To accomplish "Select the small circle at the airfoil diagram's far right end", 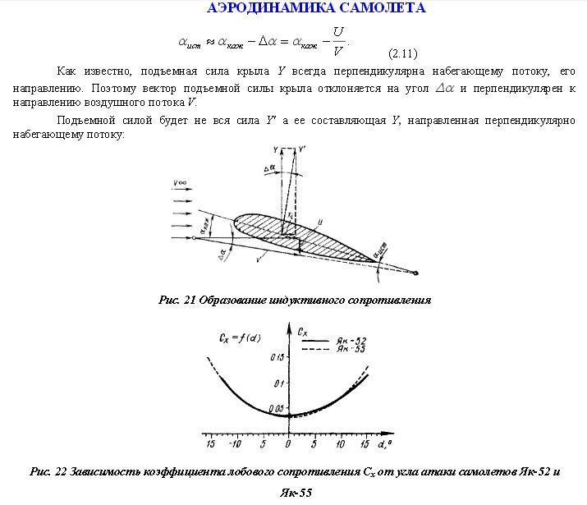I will [418, 273].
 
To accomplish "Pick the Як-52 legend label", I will [351, 340].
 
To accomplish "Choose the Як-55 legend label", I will [351, 349].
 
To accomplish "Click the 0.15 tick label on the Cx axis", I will [277, 358].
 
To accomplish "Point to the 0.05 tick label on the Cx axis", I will [275, 408].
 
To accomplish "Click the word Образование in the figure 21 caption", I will [236, 301].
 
